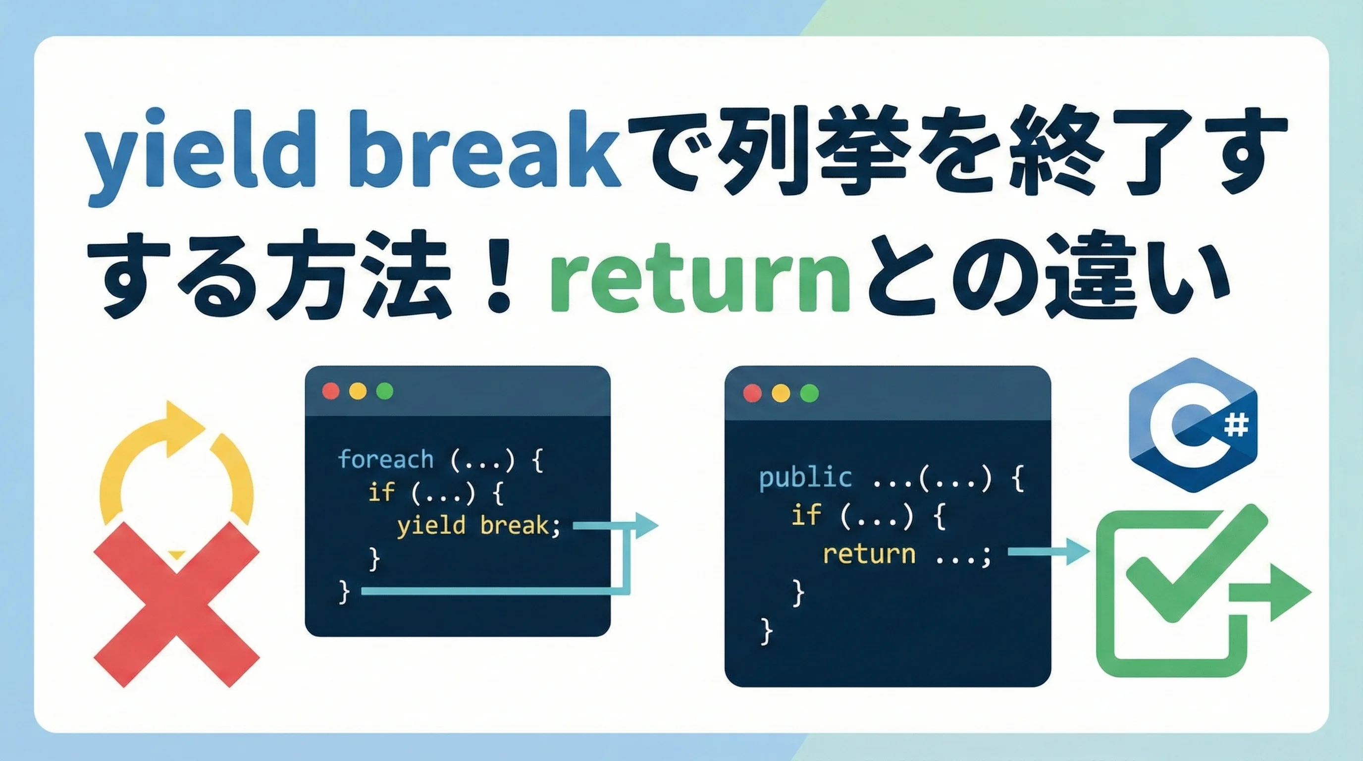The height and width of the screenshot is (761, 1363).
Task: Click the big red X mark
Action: (x=177, y=604)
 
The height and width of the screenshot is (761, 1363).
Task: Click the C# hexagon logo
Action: (x=1193, y=425)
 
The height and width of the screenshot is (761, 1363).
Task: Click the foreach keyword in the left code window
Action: (x=386, y=459)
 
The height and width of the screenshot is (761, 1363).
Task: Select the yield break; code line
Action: (x=478, y=526)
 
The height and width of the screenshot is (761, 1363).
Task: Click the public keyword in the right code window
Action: (x=805, y=479)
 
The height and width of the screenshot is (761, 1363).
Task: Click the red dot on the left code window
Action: (x=331, y=391)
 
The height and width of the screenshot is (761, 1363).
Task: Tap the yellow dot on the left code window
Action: (x=358, y=391)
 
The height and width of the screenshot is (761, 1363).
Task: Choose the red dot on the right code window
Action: (x=752, y=393)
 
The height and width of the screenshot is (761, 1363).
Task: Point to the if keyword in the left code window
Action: (x=381, y=492)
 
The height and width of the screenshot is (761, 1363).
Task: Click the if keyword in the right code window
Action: (x=806, y=514)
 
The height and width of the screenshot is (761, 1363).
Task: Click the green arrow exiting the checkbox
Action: (x=1270, y=592)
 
